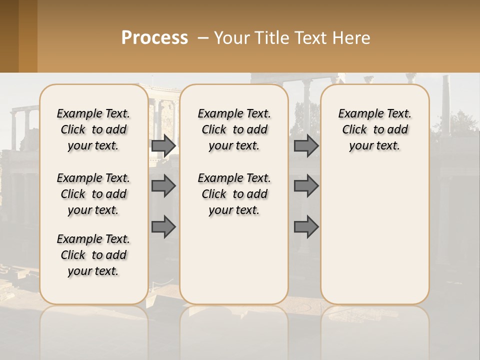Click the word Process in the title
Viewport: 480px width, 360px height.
(x=154, y=38)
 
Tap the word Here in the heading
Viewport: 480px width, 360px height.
(x=352, y=38)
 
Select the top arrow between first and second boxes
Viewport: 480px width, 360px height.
(x=163, y=145)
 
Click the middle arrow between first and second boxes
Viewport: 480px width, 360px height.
(x=163, y=186)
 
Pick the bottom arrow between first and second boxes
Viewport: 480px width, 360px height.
(x=163, y=227)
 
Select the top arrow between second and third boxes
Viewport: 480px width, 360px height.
(x=306, y=145)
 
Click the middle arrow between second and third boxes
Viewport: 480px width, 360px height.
(x=306, y=186)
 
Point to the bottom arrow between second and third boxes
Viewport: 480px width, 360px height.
(x=306, y=227)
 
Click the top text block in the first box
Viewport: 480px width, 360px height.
(x=93, y=129)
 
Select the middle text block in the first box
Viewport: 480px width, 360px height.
(x=93, y=194)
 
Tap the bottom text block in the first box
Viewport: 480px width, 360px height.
(x=93, y=255)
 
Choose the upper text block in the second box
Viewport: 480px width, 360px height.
(x=234, y=129)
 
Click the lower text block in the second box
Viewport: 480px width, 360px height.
(x=234, y=194)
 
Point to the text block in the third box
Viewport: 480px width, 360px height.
(x=375, y=129)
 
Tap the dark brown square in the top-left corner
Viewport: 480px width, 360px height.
(x=9, y=36)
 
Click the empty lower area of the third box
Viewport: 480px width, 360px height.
(x=375, y=240)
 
